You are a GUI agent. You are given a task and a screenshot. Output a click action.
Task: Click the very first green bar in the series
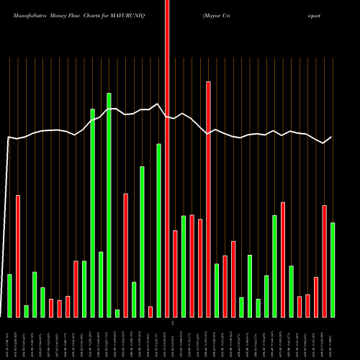9,296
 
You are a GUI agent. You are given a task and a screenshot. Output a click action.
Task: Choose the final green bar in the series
333,270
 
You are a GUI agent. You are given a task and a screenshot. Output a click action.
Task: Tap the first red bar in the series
17,256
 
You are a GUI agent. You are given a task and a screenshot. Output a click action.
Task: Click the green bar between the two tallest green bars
101,284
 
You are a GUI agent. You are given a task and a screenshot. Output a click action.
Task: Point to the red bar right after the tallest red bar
175,274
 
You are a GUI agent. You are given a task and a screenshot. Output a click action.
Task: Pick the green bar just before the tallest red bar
158,230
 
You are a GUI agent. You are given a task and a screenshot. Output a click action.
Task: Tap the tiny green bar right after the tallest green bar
117,313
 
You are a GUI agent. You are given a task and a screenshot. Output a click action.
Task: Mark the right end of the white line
332,137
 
